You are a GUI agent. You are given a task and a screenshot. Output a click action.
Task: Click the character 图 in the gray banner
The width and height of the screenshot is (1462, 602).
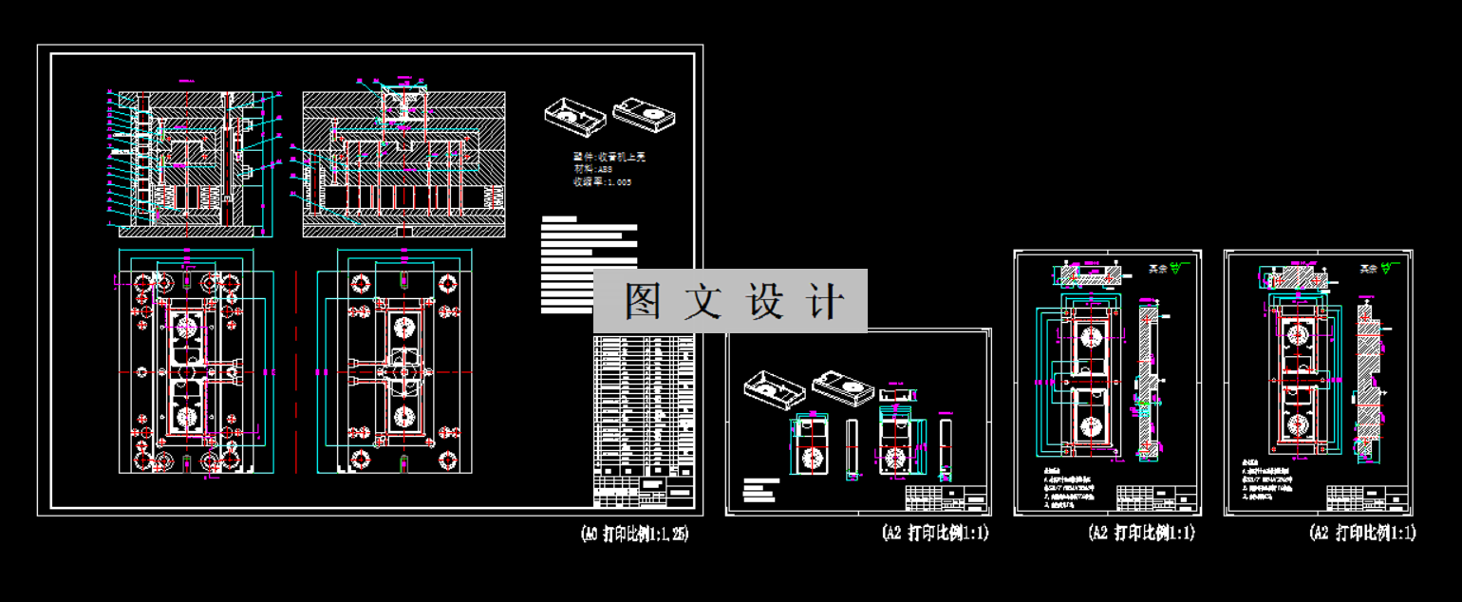pos(642,302)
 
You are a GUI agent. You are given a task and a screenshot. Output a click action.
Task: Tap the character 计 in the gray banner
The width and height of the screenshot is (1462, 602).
pos(828,302)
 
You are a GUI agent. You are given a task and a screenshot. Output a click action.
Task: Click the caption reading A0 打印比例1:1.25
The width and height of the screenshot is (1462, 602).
pos(634,534)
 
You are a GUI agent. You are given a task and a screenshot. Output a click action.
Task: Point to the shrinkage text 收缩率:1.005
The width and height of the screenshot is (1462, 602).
pos(602,181)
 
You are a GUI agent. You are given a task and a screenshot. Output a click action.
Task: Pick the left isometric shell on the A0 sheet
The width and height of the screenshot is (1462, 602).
pos(574,116)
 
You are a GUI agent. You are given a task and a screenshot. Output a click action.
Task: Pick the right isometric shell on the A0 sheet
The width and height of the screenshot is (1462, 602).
pos(646,113)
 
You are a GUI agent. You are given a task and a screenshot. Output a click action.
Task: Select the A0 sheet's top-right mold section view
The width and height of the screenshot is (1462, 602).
pos(403,163)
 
